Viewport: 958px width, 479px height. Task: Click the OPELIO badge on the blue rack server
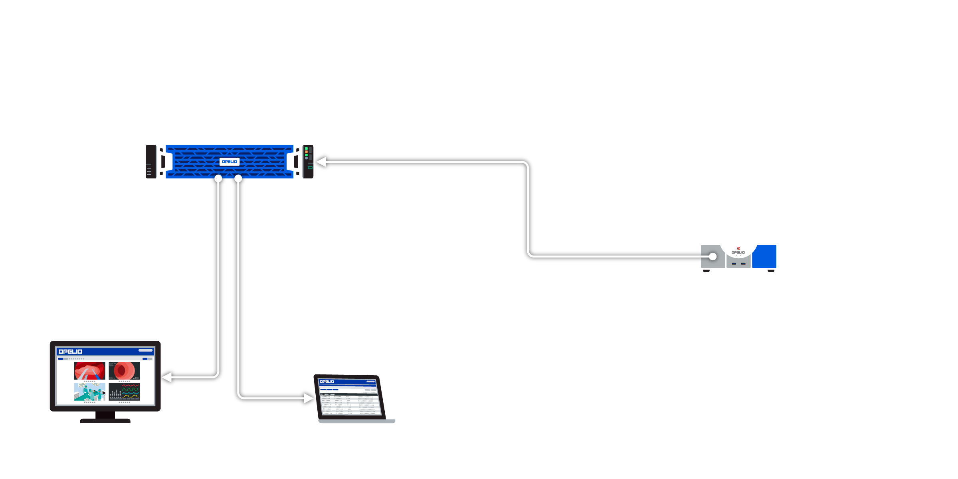(x=230, y=162)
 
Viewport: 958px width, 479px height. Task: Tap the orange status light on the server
(x=306, y=152)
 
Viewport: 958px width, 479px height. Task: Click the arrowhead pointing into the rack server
(x=321, y=162)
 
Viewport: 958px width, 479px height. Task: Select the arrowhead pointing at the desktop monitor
(x=167, y=377)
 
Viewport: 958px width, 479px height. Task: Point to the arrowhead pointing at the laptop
(x=309, y=398)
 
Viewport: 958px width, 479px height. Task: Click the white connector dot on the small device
(x=713, y=256)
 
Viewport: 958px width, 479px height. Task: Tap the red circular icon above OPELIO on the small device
(x=738, y=248)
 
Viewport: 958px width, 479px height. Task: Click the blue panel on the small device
(x=764, y=256)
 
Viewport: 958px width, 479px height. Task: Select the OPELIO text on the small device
(x=738, y=253)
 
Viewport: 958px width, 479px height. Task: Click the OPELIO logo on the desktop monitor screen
(x=70, y=352)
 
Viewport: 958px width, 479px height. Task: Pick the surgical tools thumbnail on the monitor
(x=90, y=371)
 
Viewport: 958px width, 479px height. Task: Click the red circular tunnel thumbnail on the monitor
(x=124, y=371)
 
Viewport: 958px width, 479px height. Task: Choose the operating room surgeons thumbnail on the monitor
(x=90, y=392)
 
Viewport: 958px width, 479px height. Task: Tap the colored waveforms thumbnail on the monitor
(x=124, y=392)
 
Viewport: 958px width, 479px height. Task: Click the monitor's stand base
(x=105, y=420)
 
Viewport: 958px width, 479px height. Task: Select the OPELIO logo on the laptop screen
(x=327, y=382)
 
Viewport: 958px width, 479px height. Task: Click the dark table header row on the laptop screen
(x=348, y=394)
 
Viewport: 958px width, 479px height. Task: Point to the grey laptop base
(x=356, y=421)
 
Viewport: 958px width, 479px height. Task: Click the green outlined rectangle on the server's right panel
(x=310, y=168)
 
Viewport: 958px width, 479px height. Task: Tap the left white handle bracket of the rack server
(x=161, y=162)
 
